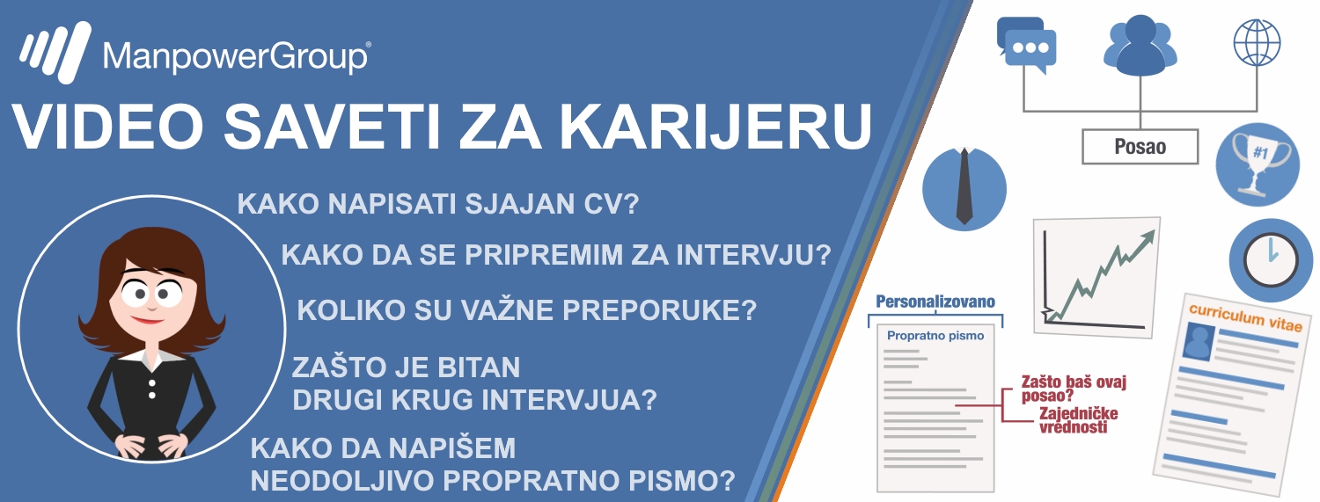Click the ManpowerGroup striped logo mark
coord(55,52)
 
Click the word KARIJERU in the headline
coord(715,127)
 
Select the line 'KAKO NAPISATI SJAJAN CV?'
coord(438,204)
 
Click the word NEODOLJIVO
coord(342,480)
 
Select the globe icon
coord(1257,42)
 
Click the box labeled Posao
coord(1140,147)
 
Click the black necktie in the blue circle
coord(964,186)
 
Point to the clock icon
coord(1271,260)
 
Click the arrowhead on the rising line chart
coord(1148,237)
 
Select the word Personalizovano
coord(935,302)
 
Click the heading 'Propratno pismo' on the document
coord(935,336)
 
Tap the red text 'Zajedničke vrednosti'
coord(1078,420)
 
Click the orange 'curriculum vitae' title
coord(1245,317)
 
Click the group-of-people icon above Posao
coord(1140,46)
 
